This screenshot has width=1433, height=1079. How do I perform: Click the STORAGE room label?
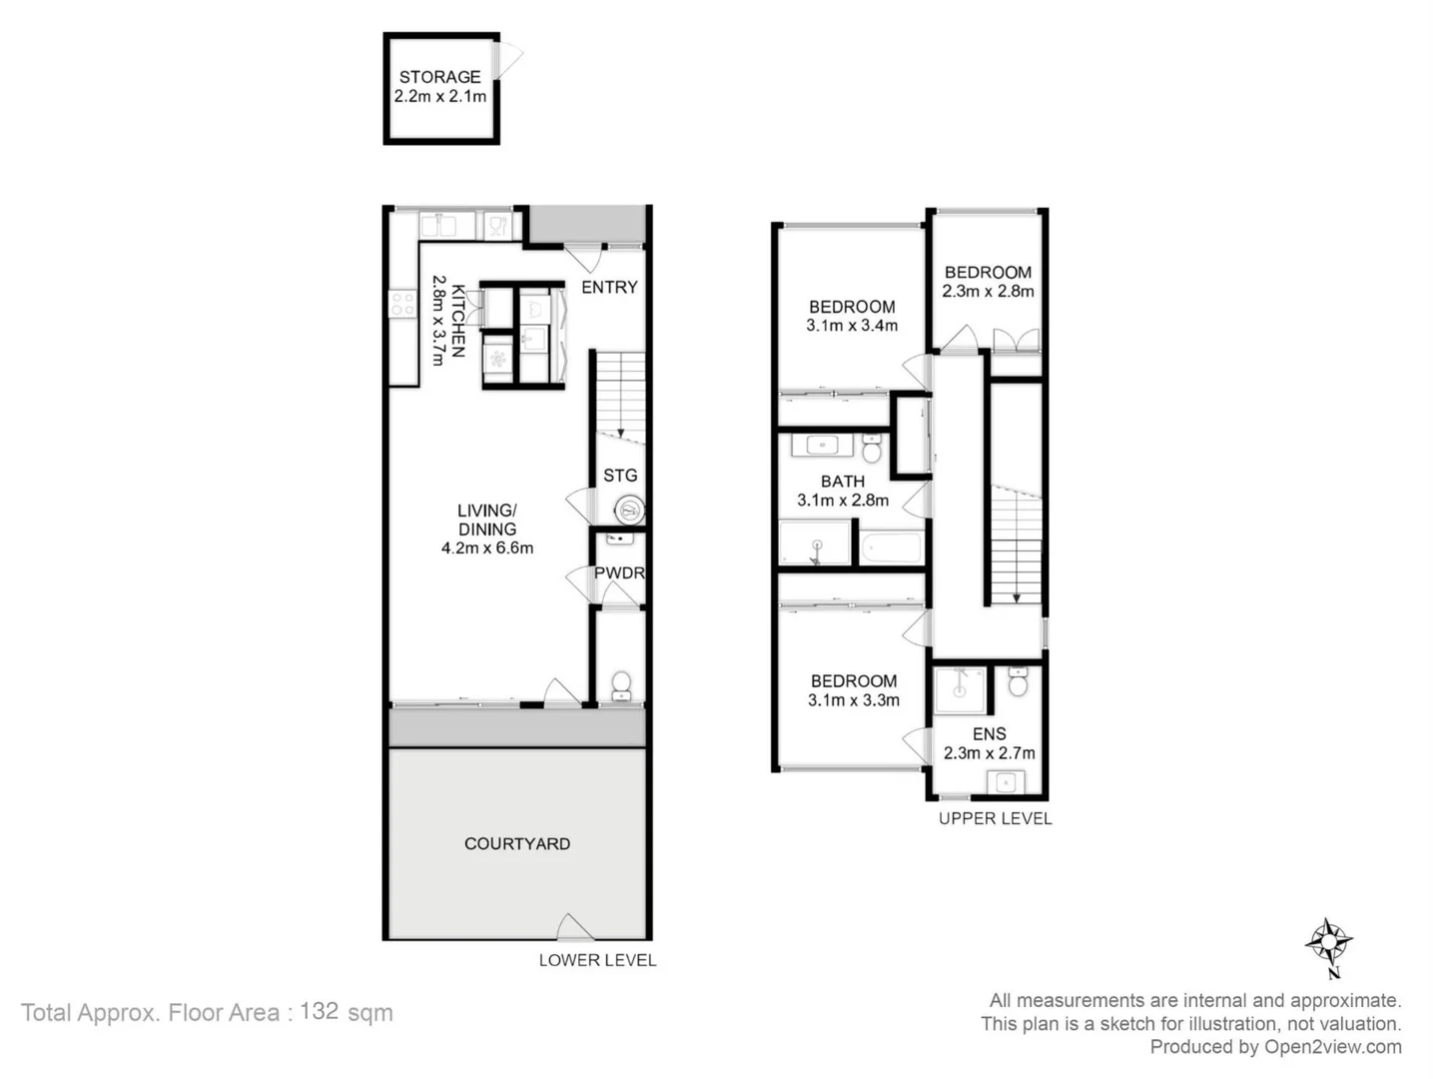point(439,77)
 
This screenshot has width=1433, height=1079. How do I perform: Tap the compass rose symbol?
point(1328,941)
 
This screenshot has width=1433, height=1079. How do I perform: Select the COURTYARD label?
point(517,844)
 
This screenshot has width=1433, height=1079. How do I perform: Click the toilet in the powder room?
point(620,685)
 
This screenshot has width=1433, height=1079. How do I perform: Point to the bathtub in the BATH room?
point(893,548)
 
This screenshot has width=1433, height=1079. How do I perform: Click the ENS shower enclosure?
point(960,689)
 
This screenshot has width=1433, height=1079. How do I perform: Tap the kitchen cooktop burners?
point(402,304)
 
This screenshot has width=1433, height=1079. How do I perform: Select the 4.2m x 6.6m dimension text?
point(487,548)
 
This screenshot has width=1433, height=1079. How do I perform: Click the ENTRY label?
point(609,288)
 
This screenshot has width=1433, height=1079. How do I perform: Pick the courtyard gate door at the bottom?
point(574,929)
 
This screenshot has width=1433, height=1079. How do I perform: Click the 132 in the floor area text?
point(319,1011)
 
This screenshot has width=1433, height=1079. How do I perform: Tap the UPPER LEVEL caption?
point(995,818)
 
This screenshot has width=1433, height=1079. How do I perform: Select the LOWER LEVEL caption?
point(597,960)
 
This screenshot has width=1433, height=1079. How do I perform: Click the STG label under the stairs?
point(620,476)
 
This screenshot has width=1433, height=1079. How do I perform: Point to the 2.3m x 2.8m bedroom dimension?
point(988,292)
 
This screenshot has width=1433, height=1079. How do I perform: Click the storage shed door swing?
point(508,60)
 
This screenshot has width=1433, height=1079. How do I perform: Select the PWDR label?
point(619,573)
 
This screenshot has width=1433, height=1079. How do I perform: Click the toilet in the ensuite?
point(1018,682)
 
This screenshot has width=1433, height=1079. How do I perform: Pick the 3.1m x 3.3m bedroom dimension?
point(854,700)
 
